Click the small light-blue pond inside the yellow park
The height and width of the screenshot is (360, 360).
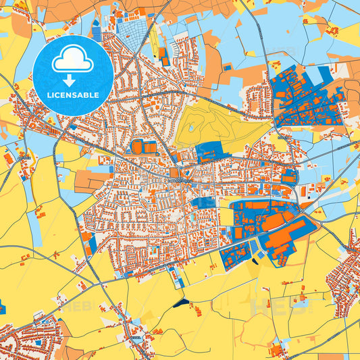click(191, 126)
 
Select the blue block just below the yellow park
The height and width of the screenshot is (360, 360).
click(208, 153)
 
